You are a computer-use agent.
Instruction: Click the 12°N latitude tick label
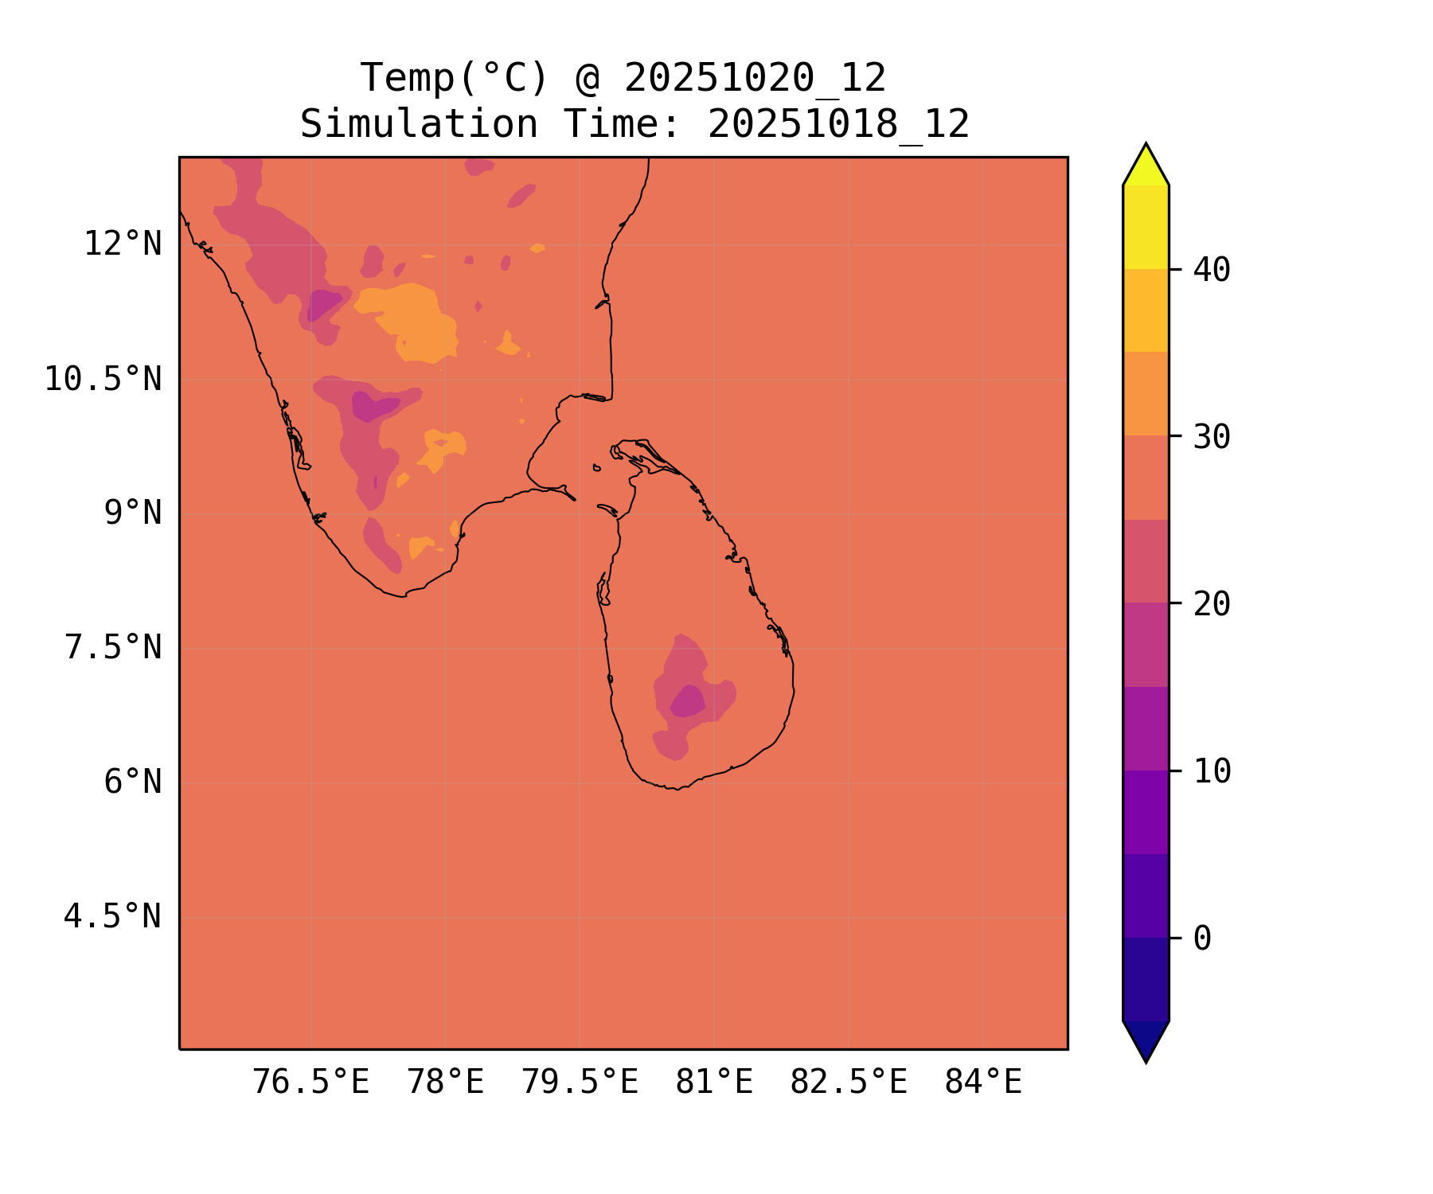coord(123,244)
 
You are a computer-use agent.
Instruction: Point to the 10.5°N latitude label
coord(103,379)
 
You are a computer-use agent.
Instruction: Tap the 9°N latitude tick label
coord(132,513)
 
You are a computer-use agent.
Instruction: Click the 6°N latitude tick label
coord(132,782)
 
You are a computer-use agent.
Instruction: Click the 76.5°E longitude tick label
coord(310,1083)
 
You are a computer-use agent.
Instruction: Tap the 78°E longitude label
coord(445,1083)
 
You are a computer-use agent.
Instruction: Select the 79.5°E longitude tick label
coord(580,1083)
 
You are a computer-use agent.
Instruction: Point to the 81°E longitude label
coord(714,1083)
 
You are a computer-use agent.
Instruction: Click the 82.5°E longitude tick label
coord(849,1083)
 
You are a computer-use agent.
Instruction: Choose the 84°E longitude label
coord(983,1083)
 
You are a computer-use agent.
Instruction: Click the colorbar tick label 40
coord(1212,270)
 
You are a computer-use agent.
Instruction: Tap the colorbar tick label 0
coord(1202,938)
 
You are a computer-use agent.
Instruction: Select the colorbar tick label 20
coord(1212,604)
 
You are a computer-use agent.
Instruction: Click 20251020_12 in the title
coord(755,78)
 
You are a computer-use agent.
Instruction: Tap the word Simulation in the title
coord(419,124)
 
